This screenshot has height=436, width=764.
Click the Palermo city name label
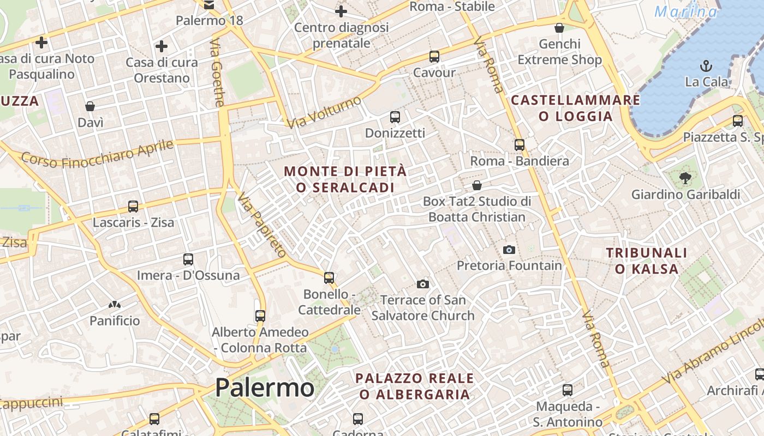[x=264, y=387]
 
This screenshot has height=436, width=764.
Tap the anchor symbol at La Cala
[x=706, y=66]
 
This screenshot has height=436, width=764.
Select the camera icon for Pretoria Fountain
[x=509, y=250]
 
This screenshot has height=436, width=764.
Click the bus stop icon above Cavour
[x=434, y=56]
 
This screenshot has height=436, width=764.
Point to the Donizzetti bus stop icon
[x=395, y=117]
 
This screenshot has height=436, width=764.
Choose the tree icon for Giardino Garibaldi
[x=685, y=178]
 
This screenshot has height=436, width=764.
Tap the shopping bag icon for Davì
[x=90, y=106]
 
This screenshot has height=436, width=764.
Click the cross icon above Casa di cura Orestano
[x=162, y=46]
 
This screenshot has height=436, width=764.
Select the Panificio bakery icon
[x=115, y=305]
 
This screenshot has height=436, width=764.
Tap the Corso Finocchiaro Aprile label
[x=97, y=154]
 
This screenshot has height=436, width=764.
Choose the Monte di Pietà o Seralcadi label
[x=345, y=179]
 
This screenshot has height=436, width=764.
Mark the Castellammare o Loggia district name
[x=575, y=108]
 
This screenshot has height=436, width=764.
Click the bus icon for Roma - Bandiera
[x=520, y=144]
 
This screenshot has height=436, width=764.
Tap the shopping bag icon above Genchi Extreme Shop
[x=559, y=28]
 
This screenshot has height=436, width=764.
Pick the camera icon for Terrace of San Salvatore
[x=422, y=284]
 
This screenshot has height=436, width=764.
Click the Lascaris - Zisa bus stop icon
[x=133, y=206]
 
